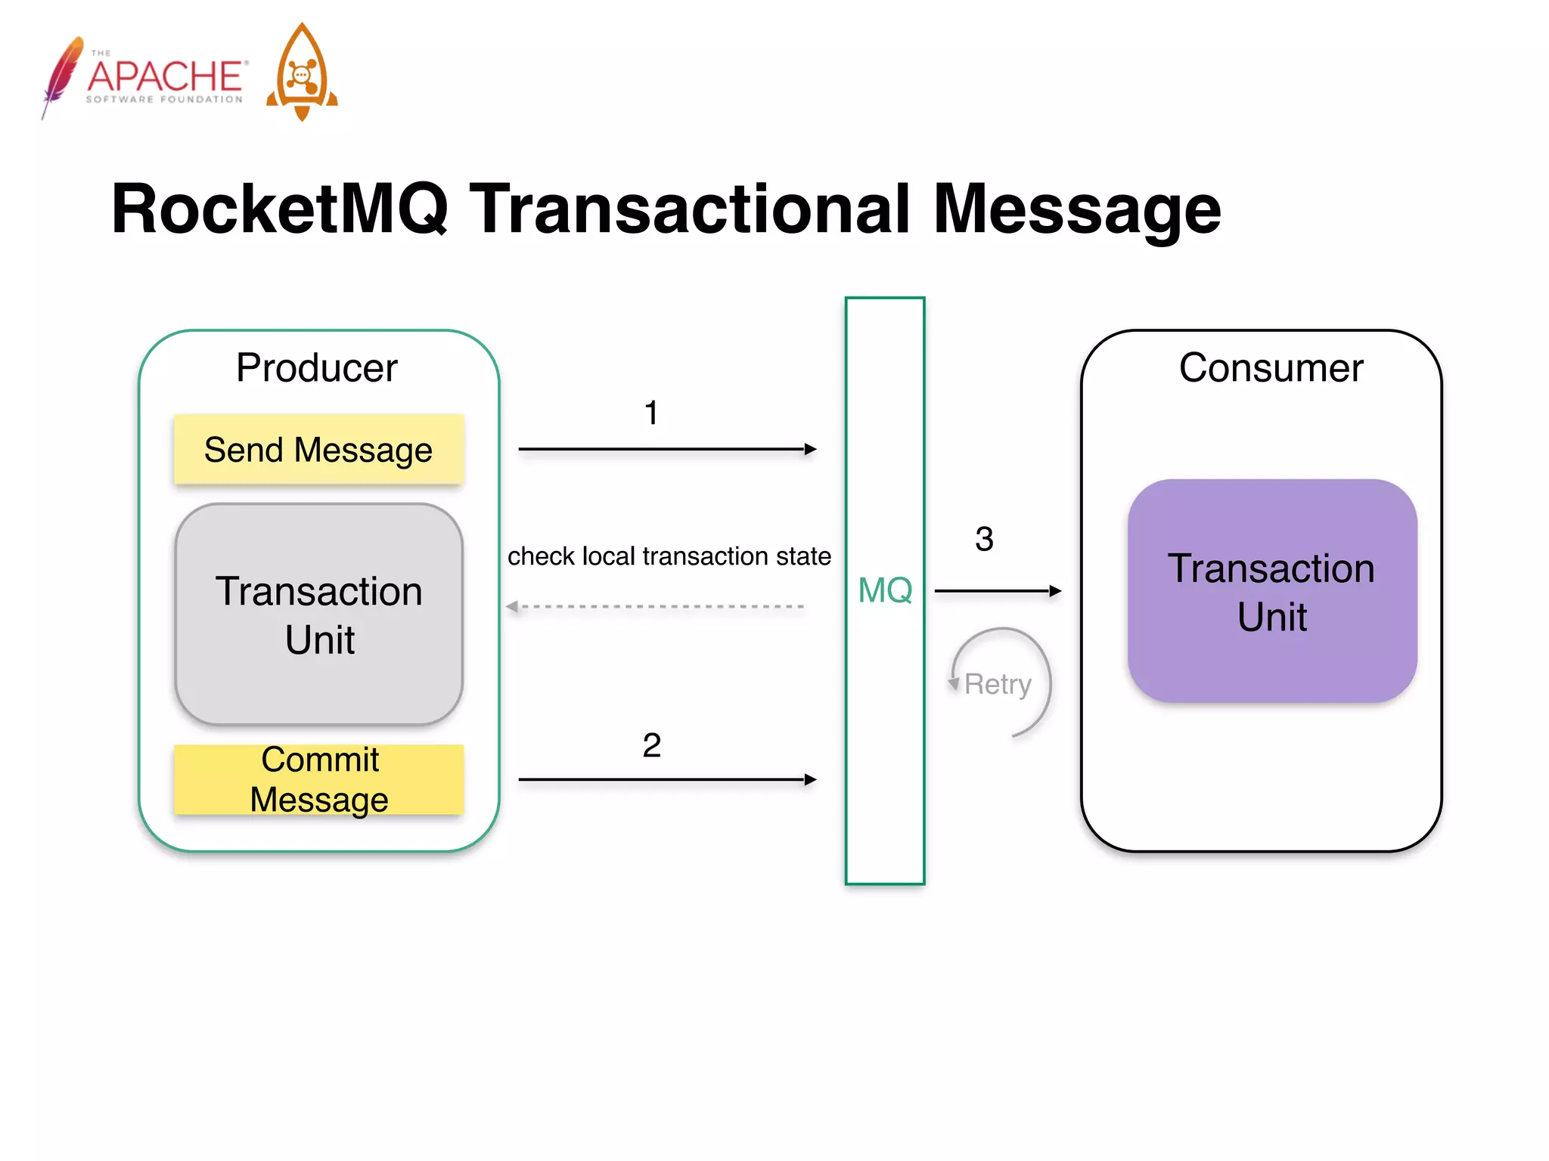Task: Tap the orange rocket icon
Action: (302, 73)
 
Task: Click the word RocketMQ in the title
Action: (280, 209)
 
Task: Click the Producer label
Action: (316, 368)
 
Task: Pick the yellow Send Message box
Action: (318, 450)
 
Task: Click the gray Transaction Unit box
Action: (318, 614)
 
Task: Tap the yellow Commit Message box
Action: (318, 779)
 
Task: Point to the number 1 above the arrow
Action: (651, 413)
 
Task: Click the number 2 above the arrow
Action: (651, 745)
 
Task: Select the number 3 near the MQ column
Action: (984, 539)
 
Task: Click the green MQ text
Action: (885, 590)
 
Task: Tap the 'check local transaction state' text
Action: (669, 556)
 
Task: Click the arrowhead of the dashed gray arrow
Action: (512, 606)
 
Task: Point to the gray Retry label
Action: (998, 684)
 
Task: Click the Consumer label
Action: (1271, 368)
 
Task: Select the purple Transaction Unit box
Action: (1272, 591)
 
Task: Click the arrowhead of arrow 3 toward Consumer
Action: (1056, 591)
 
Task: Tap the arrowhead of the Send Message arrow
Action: (811, 449)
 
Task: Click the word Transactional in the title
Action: (690, 209)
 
